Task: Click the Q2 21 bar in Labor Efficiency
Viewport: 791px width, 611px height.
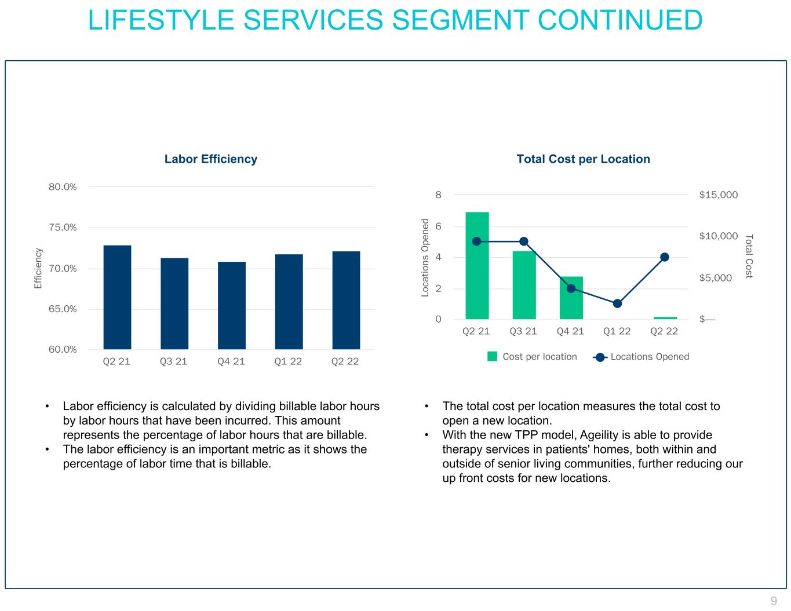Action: point(117,297)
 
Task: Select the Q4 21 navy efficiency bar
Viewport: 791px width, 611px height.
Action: point(231,305)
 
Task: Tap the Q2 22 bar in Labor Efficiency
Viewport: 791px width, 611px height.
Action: point(345,300)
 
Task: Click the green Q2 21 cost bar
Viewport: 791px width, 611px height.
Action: point(477,265)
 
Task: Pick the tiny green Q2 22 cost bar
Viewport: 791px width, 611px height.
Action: point(665,318)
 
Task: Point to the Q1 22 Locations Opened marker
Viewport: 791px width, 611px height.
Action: point(617,303)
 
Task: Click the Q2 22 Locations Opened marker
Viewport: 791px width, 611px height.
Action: point(665,257)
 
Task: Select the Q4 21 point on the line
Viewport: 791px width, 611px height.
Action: point(571,288)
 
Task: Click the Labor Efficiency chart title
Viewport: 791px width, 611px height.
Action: point(210,159)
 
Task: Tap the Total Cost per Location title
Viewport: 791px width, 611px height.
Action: point(583,159)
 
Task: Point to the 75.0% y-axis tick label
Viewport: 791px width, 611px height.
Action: point(63,228)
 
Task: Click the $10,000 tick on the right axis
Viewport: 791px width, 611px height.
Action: point(719,236)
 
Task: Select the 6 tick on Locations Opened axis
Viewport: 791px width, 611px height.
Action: point(439,226)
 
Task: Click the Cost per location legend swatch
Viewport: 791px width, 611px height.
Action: point(492,357)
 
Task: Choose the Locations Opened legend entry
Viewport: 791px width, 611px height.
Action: point(649,357)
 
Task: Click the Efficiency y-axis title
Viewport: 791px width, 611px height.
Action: point(38,268)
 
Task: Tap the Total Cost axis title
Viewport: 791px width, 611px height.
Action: point(749,257)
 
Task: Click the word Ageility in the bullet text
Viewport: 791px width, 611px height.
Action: point(599,435)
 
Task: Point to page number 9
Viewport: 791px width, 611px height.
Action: point(774,601)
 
